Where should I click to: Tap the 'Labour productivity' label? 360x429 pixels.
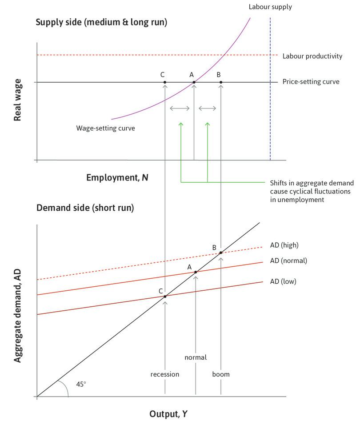coord(312,56)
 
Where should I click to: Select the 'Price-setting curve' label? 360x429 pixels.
coord(311,82)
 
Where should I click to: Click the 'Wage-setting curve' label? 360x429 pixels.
coord(105,128)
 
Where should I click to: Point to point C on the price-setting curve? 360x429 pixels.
coord(165,82)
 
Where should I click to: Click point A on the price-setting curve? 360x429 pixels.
coord(194,82)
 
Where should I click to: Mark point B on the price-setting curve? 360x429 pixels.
coord(221,82)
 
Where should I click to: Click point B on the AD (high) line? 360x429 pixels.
coord(220,253)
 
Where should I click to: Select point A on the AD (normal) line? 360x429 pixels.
coord(196,272)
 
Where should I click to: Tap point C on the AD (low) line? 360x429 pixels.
coord(165,296)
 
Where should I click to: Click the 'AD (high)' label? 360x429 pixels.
coord(287,245)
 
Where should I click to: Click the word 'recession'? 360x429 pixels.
coord(165,374)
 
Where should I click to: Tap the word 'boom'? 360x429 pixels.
coord(221,374)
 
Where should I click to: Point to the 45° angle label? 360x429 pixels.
coord(81,384)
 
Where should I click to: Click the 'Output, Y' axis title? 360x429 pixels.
coord(168,414)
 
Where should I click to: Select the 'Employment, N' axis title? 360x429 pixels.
coord(117,178)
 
